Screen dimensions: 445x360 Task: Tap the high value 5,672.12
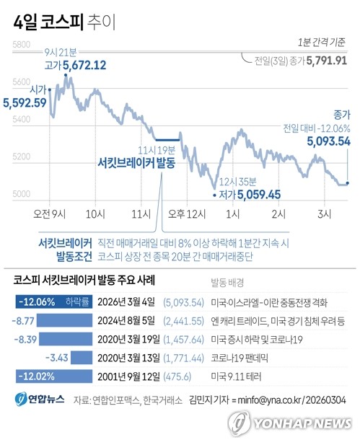tap(84, 66)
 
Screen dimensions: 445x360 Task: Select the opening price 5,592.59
tap(25, 102)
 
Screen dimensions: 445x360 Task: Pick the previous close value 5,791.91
tap(327, 61)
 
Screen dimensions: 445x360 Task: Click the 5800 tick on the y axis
tap(21, 45)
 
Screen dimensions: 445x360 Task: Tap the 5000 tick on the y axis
tap(21, 193)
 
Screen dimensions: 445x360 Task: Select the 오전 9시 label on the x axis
tap(50, 214)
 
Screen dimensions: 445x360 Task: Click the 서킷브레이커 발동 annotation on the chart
tap(136, 163)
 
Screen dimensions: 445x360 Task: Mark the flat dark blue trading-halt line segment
tap(167, 139)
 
